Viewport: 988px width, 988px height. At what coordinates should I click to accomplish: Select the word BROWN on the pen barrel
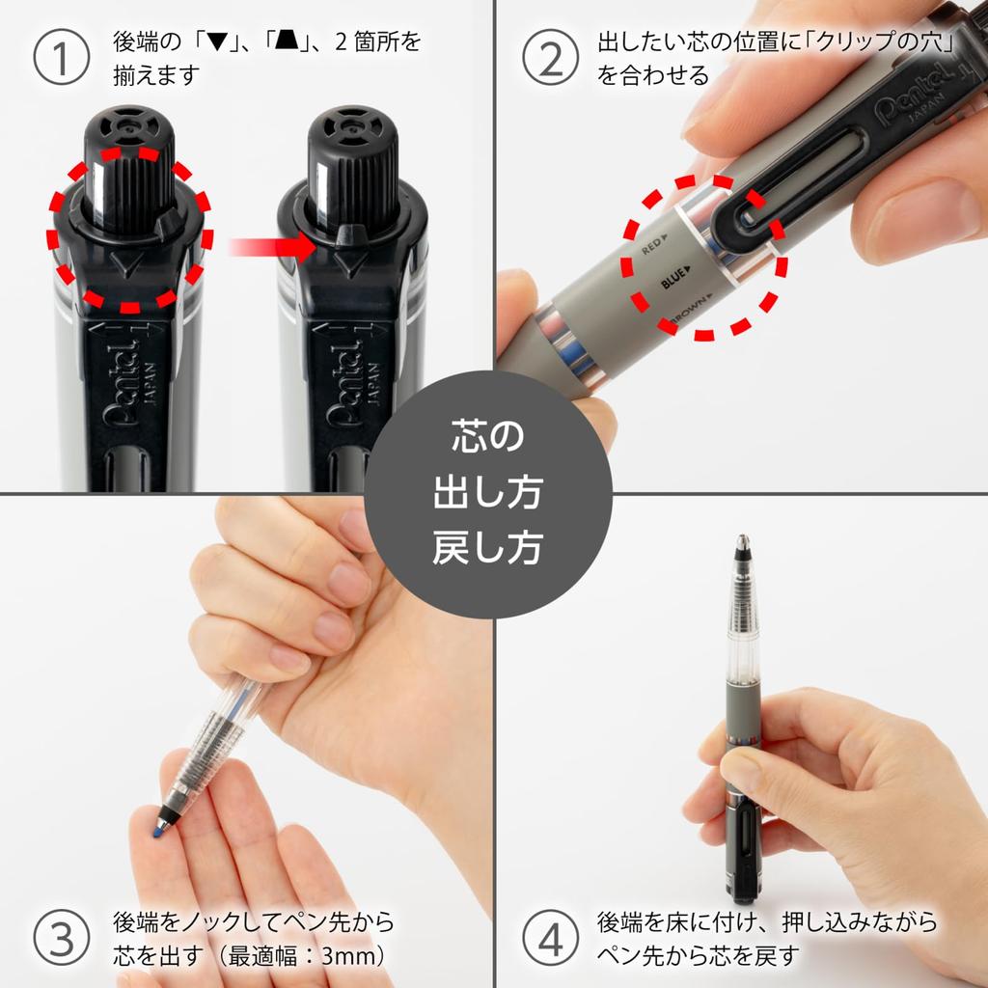pos(688,315)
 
